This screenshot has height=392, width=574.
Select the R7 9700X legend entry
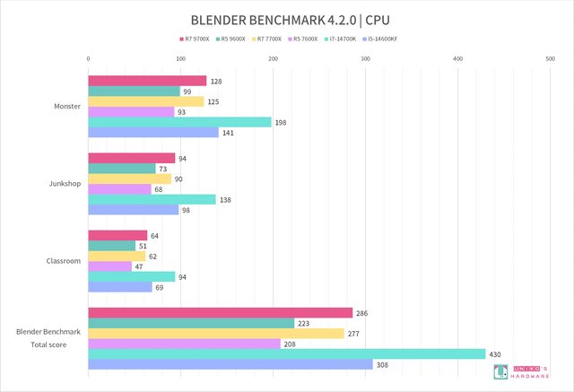(x=196, y=39)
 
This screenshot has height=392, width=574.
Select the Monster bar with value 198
(x=179, y=122)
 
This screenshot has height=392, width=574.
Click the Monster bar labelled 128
(x=147, y=81)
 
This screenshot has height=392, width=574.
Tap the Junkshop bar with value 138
(x=152, y=199)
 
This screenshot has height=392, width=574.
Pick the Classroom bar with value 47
(x=109, y=266)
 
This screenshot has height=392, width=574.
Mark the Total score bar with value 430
(x=286, y=353)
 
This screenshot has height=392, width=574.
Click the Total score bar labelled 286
(x=220, y=313)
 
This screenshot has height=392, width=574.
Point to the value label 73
(x=163, y=169)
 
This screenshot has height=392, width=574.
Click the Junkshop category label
(x=64, y=184)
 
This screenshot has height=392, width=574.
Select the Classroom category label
(x=63, y=261)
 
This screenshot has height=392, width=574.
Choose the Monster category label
(x=66, y=107)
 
